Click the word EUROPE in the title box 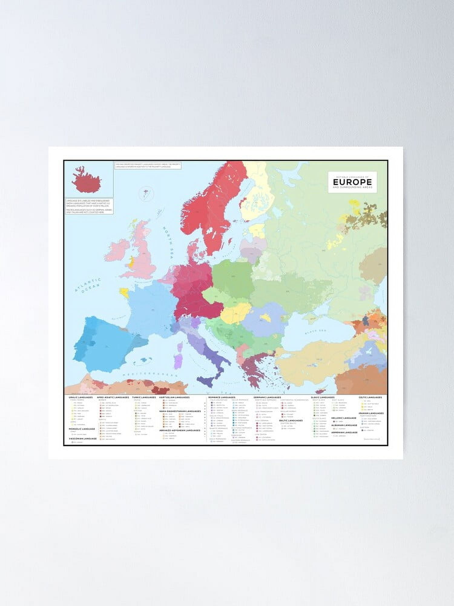[352, 182]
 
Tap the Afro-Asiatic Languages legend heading [113, 397]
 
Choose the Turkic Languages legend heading [144, 397]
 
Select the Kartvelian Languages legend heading [174, 397]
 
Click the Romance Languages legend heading [222, 397]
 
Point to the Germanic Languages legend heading [267, 397]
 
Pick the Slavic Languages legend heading [323, 397]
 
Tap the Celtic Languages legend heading [370, 397]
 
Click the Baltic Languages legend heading [291, 421]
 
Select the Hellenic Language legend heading [344, 418]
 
